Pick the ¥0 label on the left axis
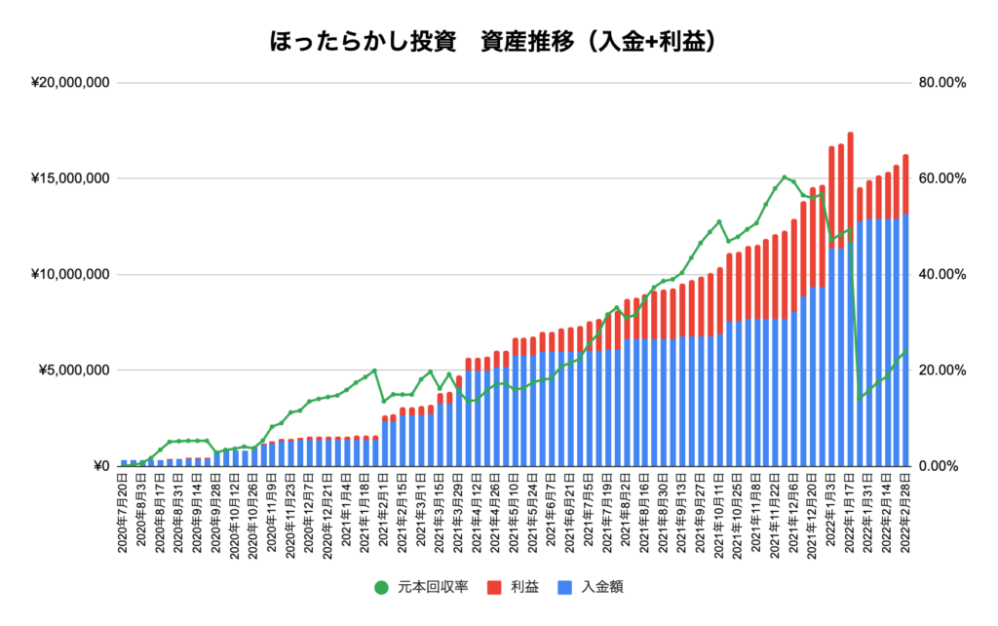click(100, 466)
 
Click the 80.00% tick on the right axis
click(940, 83)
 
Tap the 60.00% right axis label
click(940, 178)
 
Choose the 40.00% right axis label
click(940, 274)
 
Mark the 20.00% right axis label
click(940, 371)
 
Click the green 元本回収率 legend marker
click(381, 587)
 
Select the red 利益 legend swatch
click(492, 587)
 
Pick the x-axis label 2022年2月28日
click(905, 512)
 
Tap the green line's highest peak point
click(785, 177)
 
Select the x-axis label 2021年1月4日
click(347, 512)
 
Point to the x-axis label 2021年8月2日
click(625, 512)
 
